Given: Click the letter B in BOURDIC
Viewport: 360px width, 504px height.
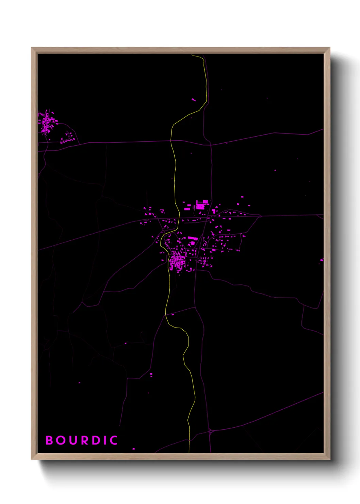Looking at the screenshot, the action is coord(49,440).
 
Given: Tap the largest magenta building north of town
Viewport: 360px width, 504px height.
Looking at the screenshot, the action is coord(200,206).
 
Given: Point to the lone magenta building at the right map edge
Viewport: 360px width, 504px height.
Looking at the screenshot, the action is coord(322,260).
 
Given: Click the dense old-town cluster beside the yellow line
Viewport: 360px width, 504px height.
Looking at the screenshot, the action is coord(176,261).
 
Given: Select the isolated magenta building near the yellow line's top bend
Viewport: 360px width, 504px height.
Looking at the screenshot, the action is coord(194,100).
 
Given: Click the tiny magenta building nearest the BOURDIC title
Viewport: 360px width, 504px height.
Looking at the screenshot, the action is coord(133,449).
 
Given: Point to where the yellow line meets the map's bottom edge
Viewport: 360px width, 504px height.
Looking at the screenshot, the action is coord(189,452).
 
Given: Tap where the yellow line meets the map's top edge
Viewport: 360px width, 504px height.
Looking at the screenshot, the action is coord(193,55).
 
